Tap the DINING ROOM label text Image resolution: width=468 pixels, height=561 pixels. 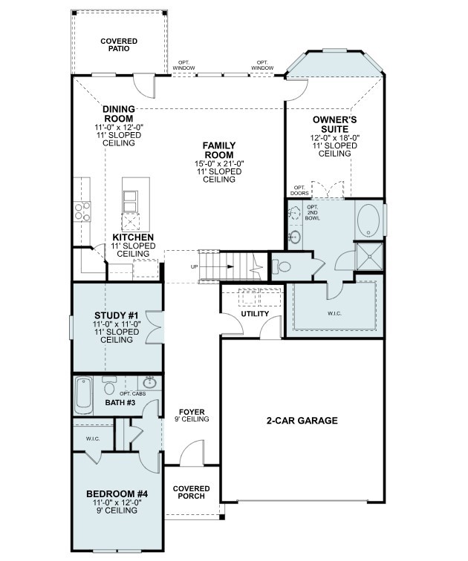[x=119, y=114]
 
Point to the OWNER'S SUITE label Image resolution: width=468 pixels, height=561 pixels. [x=335, y=123]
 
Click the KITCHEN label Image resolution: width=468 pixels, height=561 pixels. [x=134, y=237]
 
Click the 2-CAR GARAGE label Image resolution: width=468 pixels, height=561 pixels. [x=302, y=421]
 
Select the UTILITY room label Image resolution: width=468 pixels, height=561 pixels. [x=255, y=315]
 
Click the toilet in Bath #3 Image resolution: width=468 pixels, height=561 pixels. [x=110, y=387]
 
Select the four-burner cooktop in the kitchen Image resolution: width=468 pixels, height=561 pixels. [x=82, y=211]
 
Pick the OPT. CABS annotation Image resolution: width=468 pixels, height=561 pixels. [x=132, y=393]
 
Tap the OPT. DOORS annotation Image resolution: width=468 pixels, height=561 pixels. [x=299, y=190]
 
